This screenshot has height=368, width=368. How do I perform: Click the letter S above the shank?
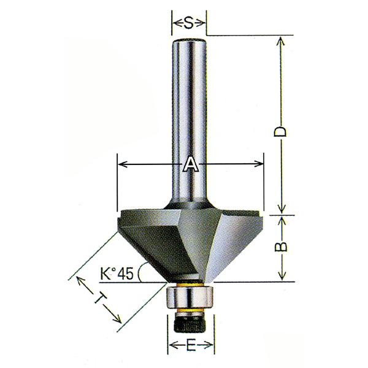tap(189, 23)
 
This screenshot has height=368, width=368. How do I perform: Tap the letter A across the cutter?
tap(190, 164)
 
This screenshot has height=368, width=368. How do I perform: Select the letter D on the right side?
tap(280, 131)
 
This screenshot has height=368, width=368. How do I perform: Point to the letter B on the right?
tap(281, 246)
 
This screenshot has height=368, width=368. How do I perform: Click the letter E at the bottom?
tap(191, 345)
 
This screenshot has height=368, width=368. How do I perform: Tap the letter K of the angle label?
tap(106, 274)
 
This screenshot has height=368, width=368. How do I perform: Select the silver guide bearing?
tap(190, 297)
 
